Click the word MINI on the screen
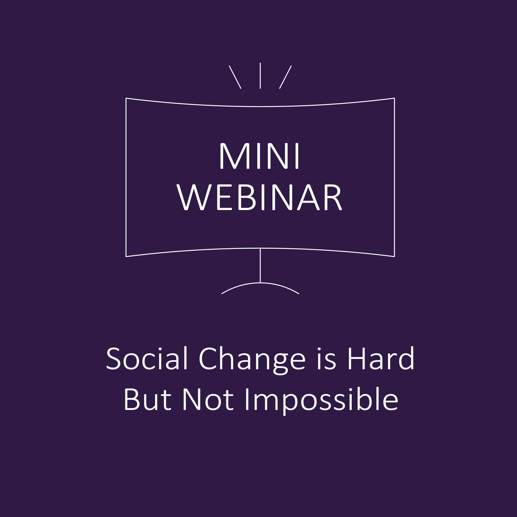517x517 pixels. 259,156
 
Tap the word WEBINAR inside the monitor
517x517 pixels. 259,197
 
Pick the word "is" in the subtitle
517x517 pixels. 327,359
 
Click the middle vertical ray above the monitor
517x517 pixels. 260,76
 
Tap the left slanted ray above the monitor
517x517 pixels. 235,77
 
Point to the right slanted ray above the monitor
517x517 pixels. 285,77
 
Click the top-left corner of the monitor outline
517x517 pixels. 126,98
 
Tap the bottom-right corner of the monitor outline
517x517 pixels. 394,256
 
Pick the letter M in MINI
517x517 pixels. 235,156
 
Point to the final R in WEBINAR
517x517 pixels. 333,197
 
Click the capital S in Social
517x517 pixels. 113,359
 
